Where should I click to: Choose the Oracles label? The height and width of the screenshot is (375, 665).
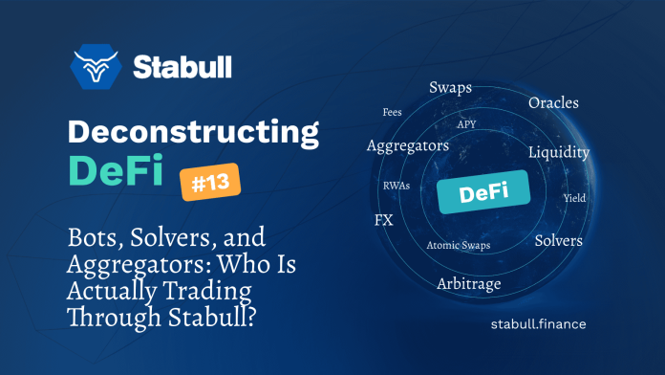[x=553, y=102]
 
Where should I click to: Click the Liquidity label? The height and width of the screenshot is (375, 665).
[x=558, y=152]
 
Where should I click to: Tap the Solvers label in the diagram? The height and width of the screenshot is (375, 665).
[x=558, y=240]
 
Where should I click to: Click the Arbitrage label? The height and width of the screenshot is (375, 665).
[x=468, y=283]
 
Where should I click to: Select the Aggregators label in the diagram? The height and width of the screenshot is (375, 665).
[x=407, y=145]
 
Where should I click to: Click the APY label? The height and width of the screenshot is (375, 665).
[x=466, y=124]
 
